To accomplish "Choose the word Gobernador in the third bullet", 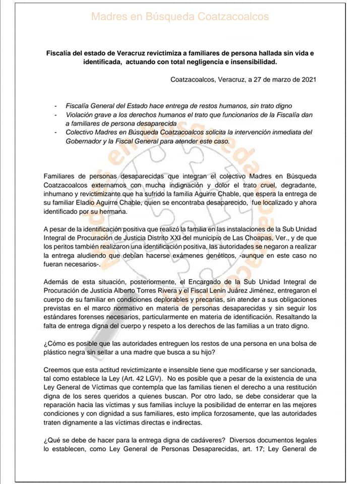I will click(x=84, y=141).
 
